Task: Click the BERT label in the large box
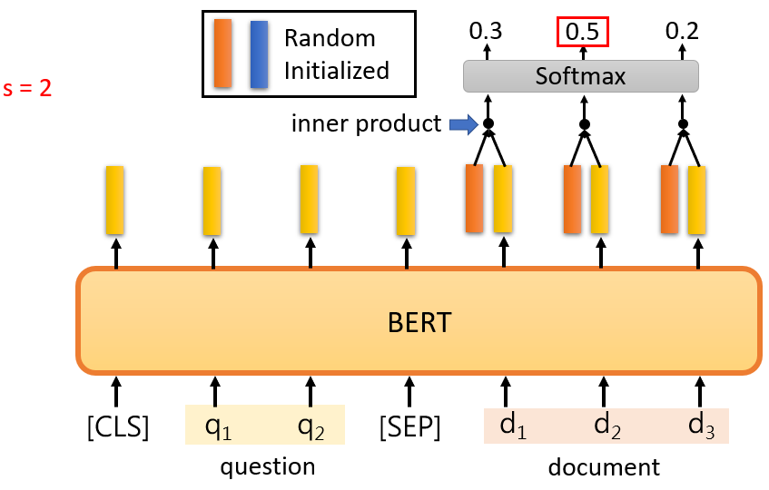[x=419, y=322]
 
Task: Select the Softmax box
[x=581, y=76]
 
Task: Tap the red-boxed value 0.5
[x=581, y=32]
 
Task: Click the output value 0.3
[x=486, y=32]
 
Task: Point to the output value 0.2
[x=682, y=32]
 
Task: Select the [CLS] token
[x=117, y=426]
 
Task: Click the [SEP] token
[x=409, y=426]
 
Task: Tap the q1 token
[x=218, y=426]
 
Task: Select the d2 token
[x=606, y=426]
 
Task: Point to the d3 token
[x=701, y=426]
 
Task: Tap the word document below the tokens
[x=604, y=467]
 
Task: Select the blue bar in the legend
[x=259, y=54]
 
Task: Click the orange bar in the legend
[x=222, y=54]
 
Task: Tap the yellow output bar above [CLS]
[x=115, y=199]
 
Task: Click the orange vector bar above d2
[x=572, y=200]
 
